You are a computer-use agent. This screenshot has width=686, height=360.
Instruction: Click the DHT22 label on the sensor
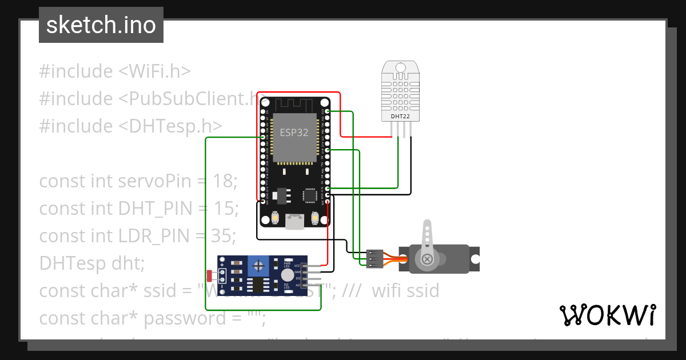(x=400, y=117)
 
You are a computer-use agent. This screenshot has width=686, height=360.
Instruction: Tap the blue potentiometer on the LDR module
(x=259, y=265)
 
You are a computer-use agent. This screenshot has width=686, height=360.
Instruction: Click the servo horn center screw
(x=426, y=259)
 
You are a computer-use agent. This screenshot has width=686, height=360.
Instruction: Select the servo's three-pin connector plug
(x=374, y=258)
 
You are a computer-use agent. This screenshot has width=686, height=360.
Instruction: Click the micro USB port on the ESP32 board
(x=294, y=221)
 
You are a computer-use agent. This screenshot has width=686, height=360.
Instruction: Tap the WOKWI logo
(x=607, y=315)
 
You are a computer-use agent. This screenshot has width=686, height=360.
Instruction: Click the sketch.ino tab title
(x=101, y=25)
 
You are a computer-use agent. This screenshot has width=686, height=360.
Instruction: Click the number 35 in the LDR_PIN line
(x=224, y=235)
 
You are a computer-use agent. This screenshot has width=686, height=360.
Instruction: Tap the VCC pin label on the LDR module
(x=297, y=266)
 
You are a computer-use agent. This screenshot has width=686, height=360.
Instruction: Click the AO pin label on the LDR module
(x=297, y=284)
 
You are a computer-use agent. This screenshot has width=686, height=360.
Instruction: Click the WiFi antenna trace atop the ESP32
(x=294, y=105)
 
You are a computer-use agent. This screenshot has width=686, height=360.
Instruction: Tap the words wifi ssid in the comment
(x=405, y=291)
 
